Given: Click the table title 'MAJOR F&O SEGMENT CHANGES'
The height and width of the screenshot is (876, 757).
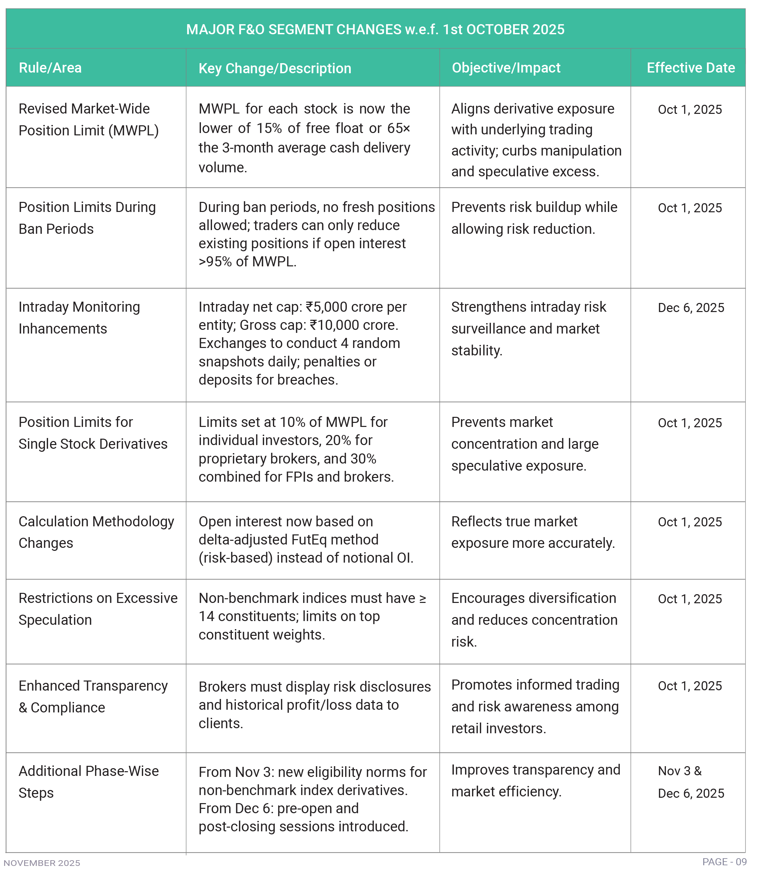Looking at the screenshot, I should pos(375,30).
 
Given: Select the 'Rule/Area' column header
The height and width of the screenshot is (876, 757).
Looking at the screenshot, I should pos(50,68).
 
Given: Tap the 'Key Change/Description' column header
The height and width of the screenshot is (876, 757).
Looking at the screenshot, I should pos(275,68).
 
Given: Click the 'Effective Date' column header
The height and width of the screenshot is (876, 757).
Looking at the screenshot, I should pos(690,68).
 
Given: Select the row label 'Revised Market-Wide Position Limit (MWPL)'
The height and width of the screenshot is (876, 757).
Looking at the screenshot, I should pos(88,120).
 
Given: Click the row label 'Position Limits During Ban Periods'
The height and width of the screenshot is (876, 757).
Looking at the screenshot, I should pos(87,218).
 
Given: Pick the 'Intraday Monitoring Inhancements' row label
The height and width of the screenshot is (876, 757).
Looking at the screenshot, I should pos(79,317).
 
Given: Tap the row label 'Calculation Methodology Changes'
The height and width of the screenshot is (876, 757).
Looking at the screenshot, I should pos(96,532).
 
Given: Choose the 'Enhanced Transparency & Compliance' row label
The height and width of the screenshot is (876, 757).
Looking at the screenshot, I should pos(93,696).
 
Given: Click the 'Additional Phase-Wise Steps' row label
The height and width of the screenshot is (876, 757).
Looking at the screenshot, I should pos(88,782).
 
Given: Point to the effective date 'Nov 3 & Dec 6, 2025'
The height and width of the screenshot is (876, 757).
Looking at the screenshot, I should pos(690,782).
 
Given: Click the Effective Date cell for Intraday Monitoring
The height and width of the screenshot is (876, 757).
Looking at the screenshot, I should pos(690,307).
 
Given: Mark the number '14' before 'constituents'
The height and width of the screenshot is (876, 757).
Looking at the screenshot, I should pos(206,616).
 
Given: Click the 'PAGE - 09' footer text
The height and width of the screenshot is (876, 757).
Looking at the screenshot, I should pos(724,862).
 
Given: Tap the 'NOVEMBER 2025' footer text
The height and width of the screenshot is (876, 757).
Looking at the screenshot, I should pos(42,863).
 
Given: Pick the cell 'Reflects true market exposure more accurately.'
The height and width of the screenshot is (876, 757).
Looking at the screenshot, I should pos(533,532).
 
